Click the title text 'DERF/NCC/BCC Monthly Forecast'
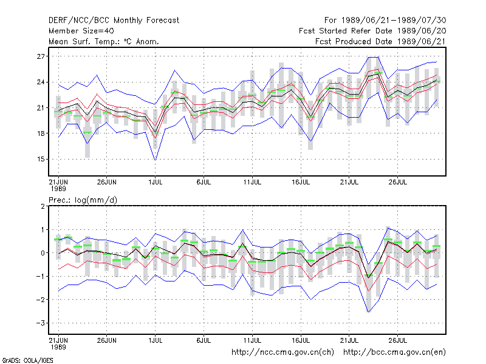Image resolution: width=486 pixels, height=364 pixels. click(x=114, y=21)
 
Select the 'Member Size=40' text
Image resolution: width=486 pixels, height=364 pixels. click(x=81, y=31)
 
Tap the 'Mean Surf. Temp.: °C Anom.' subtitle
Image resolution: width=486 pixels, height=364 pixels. click(x=104, y=41)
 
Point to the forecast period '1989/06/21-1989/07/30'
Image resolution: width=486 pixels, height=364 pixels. click(x=394, y=21)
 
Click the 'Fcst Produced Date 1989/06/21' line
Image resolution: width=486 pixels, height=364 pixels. click(x=381, y=41)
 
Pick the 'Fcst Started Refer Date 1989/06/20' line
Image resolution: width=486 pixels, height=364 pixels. click(x=372, y=31)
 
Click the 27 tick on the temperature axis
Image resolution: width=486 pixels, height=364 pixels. click(x=41, y=56)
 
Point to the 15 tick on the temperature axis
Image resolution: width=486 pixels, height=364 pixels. click(x=41, y=159)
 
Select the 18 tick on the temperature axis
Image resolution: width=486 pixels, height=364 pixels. click(x=41, y=133)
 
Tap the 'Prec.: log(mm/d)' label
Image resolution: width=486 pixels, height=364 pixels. click(x=83, y=200)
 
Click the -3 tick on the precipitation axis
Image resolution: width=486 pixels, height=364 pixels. click(x=40, y=323)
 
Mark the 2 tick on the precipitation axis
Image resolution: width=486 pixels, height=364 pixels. click(x=43, y=206)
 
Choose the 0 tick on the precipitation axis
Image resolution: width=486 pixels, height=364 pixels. click(x=43, y=253)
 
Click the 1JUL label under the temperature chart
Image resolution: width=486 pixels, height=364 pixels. click(x=156, y=182)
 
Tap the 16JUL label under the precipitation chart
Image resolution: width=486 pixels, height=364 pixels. click(x=301, y=340)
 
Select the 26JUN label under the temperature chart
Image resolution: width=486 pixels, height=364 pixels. click(x=107, y=182)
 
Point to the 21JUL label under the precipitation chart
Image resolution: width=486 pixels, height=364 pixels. click(x=349, y=340)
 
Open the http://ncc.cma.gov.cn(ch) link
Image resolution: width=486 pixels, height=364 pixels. click(x=282, y=352)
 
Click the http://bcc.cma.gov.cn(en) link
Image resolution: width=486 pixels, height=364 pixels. click(x=394, y=352)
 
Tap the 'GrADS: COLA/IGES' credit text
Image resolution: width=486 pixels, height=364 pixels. click(x=27, y=360)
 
